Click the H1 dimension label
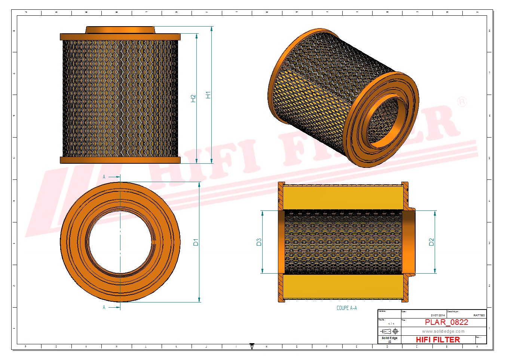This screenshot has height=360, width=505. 208,95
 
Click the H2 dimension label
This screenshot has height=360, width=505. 193,98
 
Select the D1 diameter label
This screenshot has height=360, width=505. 196,242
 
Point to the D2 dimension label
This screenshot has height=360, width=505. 431,242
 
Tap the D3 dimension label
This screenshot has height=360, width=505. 259,242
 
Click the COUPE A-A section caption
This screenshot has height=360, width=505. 346,308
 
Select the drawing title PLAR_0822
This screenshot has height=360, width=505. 446,322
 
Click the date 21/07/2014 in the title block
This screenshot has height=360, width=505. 438,315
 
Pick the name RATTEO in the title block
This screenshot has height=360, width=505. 479,315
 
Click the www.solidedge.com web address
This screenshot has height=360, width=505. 443,331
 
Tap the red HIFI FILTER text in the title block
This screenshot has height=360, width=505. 438,339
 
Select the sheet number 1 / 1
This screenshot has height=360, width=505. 391,324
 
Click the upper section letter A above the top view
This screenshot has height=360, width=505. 104,177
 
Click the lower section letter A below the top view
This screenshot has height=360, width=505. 104,307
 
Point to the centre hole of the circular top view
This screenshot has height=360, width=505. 120,242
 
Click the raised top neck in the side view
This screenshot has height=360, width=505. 120,30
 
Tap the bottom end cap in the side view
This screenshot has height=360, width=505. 120,160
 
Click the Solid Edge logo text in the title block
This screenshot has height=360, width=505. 389,338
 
